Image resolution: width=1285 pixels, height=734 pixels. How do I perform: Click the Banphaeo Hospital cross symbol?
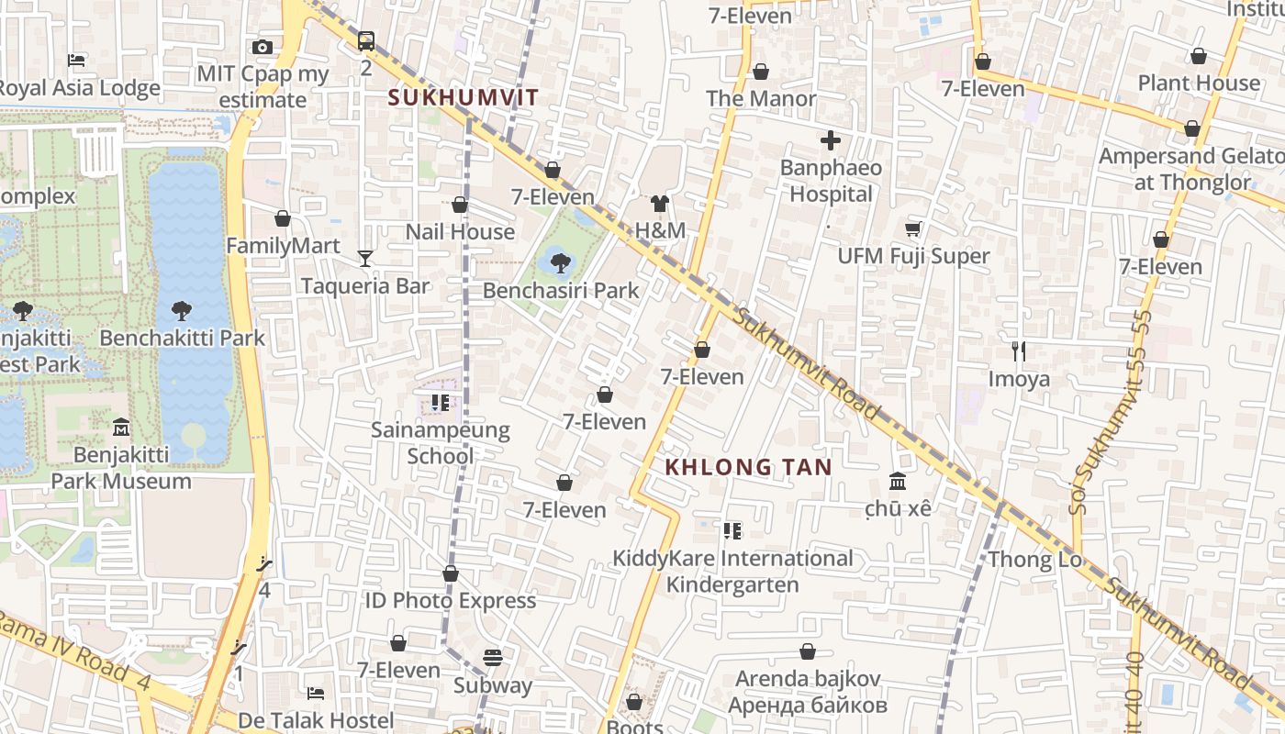[831, 140]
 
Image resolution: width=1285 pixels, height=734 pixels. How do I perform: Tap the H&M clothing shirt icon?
[659, 204]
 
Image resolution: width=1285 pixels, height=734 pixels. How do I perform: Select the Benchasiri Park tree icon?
[560, 263]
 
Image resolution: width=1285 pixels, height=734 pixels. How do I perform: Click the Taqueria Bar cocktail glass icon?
[365, 259]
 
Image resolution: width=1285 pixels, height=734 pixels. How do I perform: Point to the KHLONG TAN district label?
[748, 467]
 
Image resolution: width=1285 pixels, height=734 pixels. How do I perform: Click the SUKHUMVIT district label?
[464, 97]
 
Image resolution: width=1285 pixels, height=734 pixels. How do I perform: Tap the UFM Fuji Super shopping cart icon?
[912, 228]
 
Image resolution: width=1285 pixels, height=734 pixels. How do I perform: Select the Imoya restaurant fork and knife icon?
[1018, 350]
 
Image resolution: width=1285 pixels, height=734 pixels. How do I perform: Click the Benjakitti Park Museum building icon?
[120, 427]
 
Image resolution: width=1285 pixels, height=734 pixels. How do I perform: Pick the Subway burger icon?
[493, 658]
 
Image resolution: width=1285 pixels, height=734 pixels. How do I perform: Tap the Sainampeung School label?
[440, 442]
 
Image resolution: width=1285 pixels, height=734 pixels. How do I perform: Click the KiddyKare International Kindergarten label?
[732, 571]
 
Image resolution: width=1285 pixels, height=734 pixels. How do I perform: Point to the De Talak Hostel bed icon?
[316, 693]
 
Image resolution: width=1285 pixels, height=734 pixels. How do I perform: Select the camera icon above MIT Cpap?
[262, 48]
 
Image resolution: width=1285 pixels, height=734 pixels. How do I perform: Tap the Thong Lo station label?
[1034, 559]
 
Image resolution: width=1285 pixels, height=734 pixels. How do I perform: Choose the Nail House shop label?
[460, 231]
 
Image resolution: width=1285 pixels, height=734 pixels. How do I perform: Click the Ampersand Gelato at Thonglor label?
[1190, 168]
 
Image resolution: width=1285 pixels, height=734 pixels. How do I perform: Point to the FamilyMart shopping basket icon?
[283, 218]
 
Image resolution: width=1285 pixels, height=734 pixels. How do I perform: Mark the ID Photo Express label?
[450, 600]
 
